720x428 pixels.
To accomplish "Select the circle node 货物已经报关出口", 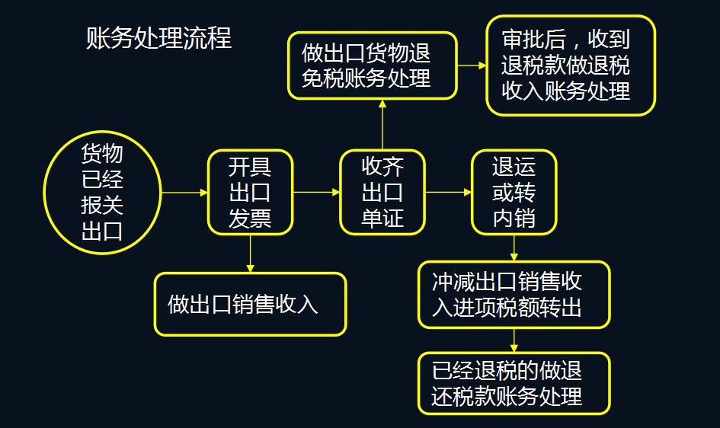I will click(102, 193).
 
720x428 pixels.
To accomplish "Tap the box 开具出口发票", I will click(250, 193).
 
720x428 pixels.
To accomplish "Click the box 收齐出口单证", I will click(382, 193).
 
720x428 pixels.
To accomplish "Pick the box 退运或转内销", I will click(514, 193).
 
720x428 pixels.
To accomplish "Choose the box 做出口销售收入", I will click(250, 305).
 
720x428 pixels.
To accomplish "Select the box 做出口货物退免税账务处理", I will click(371, 65).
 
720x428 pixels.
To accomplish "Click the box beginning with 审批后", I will click(571, 65).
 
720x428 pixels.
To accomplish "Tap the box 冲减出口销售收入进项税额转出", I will click(514, 295).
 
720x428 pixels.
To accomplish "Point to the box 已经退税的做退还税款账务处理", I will click(514, 383).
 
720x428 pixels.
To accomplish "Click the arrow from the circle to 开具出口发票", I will click(184, 193).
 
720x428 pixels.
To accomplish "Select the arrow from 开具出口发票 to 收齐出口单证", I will click(316, 193).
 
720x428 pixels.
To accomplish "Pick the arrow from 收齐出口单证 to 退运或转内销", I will click(448, 193).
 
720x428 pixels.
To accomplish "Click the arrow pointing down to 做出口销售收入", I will click(250, 254).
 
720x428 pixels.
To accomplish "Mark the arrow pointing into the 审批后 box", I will click(472, 65).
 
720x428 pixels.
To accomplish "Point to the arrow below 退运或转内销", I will click(514, 248).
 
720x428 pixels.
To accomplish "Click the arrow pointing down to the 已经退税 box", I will click(514, 340).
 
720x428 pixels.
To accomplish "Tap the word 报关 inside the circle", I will click(102, 206).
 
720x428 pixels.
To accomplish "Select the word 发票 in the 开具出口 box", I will click(250, 219).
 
